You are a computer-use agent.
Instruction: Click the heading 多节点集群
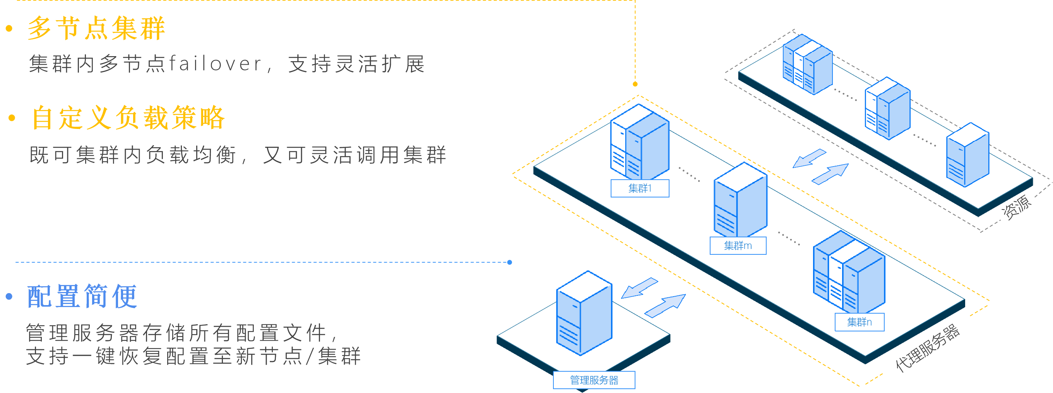click(96, 29)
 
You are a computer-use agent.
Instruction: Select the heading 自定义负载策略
click(128, 118)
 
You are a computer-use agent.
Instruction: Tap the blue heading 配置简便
click(82, 297)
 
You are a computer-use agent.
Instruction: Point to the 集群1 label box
click(640, 189)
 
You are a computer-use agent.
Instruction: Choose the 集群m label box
click(738, 246)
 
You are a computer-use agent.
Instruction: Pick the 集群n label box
click(859, 322)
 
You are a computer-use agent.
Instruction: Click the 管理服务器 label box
click(594, 380)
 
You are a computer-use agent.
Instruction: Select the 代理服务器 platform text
click(927, 348)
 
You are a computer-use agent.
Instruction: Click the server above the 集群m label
click(740, 201)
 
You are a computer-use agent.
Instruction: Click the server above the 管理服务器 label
click(584, 313)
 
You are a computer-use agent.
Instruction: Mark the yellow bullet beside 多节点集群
click(9, 29)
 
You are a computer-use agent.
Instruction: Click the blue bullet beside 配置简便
click(9, 297)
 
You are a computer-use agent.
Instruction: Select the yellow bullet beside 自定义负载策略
click(12, 118)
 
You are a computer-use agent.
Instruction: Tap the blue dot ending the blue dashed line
click(509, 263)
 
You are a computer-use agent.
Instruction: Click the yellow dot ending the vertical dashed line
click(635, 84)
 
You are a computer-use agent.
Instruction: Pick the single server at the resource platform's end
click(967, 155)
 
